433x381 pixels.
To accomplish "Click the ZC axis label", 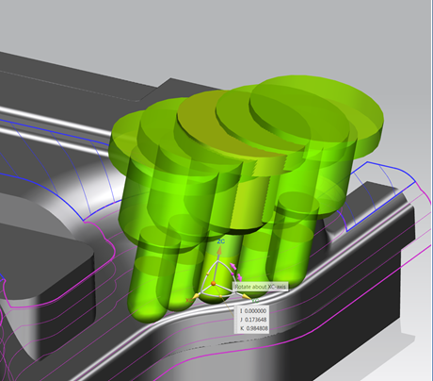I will pos(220,242).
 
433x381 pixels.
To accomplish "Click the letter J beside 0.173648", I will pos(241,320).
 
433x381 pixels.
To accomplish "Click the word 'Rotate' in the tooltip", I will pos(247,287).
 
